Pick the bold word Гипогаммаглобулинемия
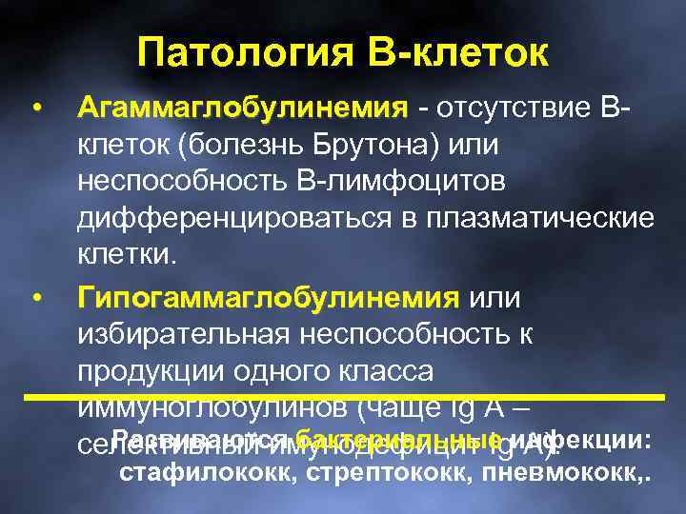coord(268,299)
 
